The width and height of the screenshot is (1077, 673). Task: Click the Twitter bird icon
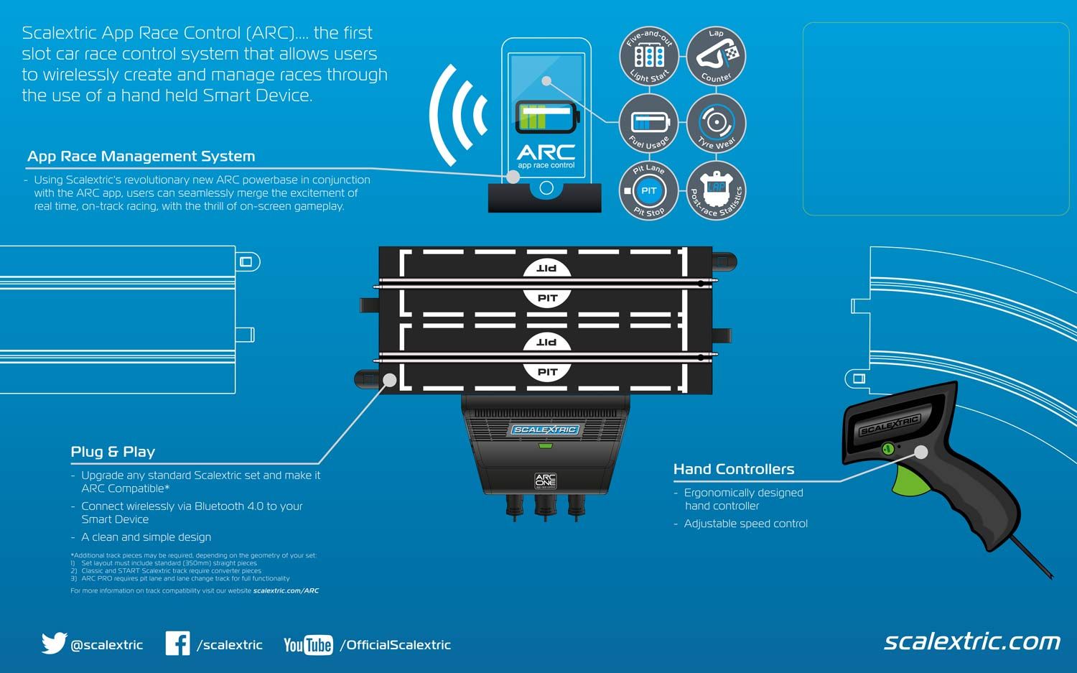point(54,643)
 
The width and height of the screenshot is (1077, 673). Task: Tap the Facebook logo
point(177,643)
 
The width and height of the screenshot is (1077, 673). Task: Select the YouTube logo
point(308,644)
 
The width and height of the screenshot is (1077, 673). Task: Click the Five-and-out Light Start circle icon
point(649,56)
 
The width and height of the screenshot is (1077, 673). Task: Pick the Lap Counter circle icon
point(716,56)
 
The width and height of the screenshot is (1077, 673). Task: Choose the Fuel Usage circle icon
point(649,123)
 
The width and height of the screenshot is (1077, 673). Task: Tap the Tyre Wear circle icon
point(716,123)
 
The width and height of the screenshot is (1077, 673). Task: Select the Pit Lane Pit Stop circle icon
point(649,190)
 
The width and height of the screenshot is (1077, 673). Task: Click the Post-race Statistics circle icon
point(716,190)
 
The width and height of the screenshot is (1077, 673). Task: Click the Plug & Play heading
point(113,452)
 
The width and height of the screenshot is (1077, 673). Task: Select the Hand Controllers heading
point(734,469)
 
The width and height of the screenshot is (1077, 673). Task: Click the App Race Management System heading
point(141,156)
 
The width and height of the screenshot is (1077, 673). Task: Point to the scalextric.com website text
point(971,641)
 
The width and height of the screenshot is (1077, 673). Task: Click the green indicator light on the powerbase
point(546,446)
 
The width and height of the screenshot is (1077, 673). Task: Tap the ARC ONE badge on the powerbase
point(546,481)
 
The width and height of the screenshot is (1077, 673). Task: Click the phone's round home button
point(546,188)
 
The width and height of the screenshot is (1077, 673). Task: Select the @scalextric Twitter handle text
point(106,645)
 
